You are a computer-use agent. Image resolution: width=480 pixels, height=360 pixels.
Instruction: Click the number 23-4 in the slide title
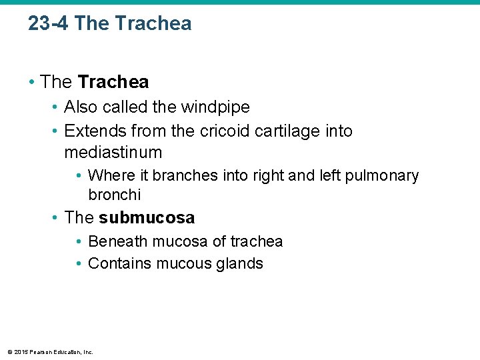pyautogui.click(x=49, y=24)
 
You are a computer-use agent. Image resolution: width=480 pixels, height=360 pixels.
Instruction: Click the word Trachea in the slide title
pyautogui.click(x=153, y=24)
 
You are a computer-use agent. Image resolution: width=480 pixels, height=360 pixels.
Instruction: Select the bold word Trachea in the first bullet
pyautogui.click(x=113, y=82)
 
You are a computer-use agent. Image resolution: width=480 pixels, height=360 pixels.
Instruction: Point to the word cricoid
pyautogui.click(x=226, y=131)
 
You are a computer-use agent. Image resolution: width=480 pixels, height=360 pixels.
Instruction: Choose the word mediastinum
pyautogui.click(x=113, y=152)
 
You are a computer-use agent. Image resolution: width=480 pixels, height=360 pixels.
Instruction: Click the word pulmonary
pyautogui.click(x=382, y=175)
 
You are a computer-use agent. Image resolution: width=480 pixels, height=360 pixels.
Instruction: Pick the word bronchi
pyautogui.click(x=114, y=195)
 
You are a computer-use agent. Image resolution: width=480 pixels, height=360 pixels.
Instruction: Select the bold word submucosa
pyautogui.click(x=147, y=217)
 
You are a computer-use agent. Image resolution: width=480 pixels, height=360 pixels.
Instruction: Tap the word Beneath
pyautogui.click(x=115, y=241)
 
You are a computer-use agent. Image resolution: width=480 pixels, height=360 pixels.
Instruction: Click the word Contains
pyautogui.click(x=119, y=263)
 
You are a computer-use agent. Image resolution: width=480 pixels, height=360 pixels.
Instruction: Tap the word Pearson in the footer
pyautogui.click(x=42, y=351)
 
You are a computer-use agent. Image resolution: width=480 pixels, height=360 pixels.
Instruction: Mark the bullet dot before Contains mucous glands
pyautogui.click(x=79, y=263)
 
